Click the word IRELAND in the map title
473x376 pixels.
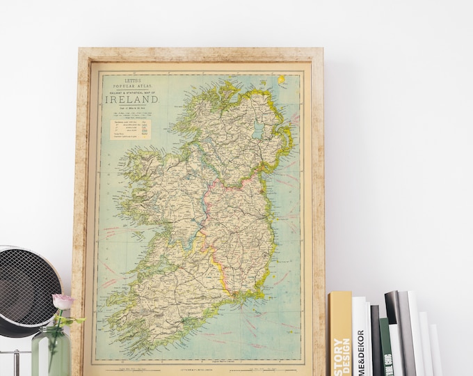coord(132,99)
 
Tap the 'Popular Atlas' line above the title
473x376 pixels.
coord(131,84)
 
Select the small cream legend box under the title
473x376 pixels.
coord(129,127)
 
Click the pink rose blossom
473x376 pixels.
coord(63,301)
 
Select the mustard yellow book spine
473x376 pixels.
coord(340,334)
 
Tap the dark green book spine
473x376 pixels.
coord(385,348)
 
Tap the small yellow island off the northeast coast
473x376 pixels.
coord(282,80)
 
